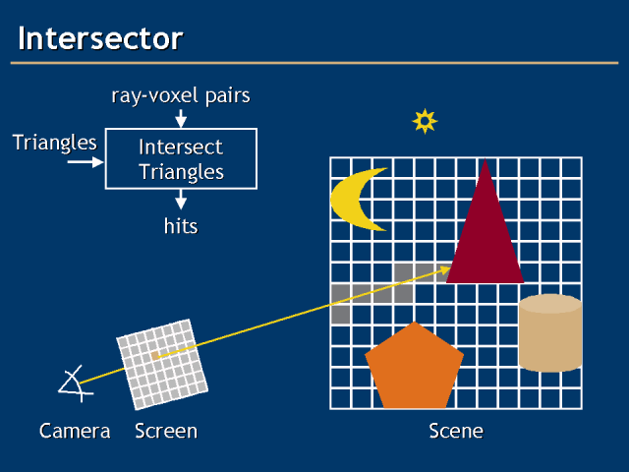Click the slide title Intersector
(100, 39)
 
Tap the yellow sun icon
(425, 121)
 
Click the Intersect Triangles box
(181, 159)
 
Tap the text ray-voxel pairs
(180, 95)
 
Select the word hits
(181, 226)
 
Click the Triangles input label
(55, 143)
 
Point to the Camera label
(75, 431)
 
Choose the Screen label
(166, 431)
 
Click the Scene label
(456, 431)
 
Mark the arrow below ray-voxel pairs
(181, 119)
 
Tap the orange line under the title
(314, 63)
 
